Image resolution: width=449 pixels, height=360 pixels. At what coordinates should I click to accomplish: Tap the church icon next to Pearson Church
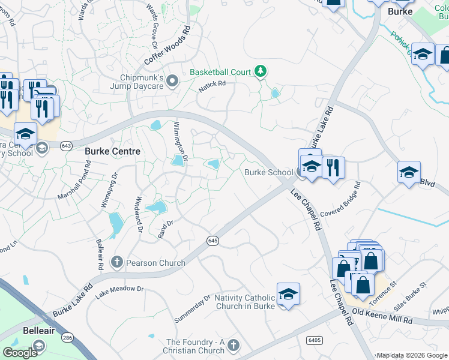(x=116, y=262)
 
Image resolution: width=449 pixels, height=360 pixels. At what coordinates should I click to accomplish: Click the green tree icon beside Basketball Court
(x=260, y=72)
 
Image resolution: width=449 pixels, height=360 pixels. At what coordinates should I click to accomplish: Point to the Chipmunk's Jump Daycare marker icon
(x=173, y=80)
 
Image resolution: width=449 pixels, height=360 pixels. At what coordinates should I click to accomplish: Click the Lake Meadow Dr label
(x=120, y=289)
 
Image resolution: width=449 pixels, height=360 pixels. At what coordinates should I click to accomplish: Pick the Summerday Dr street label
(x=192, y=307)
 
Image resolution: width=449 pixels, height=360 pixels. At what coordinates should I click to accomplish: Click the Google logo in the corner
(x=19, y=353)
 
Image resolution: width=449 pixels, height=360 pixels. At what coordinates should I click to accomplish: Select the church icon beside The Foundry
(x=234, y=346)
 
